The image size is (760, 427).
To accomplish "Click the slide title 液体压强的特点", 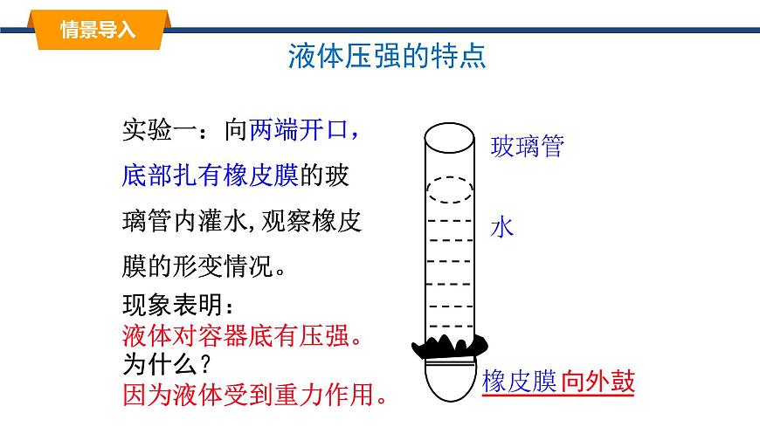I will (x=386, y=58).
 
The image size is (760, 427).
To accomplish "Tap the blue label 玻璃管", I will (x=528, y=146).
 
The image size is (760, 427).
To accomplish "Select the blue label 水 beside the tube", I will (x=502, y=229).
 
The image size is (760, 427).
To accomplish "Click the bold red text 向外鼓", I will (x=598, y=382).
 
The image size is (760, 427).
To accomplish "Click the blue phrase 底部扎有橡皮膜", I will (x=211, y=176).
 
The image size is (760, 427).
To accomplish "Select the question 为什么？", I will (x=170, y=362).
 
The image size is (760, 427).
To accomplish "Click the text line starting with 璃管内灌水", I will (x=241, y=220).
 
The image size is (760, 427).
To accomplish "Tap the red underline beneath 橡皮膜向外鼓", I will (x=557, y=397).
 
